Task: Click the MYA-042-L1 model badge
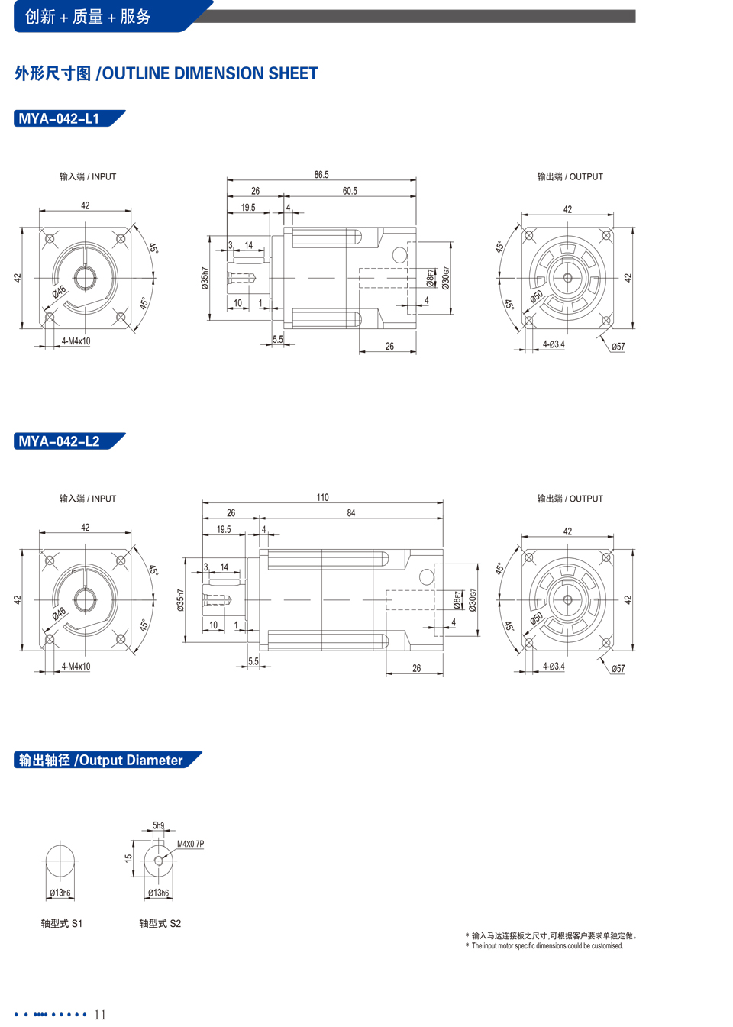click(x=69, y=118)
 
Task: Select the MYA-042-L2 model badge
click(x=69, y=441)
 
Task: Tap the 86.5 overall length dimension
click(x=321, y=175)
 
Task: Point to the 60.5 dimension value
click(x=350, y=191)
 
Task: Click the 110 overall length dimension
click(x=323, y=497)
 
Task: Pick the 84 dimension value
click(x=351, y=513)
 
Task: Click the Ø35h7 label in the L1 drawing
click(x=205, y=278)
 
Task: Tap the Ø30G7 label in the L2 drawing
click(x=473, y=600)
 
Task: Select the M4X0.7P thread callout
click(x=191, y=844)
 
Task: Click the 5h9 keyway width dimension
click(x=159, y=825)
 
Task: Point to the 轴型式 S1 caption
click(x=61, y=923)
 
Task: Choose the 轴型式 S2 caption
click(x=160, y=923)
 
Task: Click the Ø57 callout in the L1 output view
click(x=618, y=347)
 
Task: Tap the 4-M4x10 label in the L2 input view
click(x=76, y=666)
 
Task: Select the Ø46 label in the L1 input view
click(x=59, y=292)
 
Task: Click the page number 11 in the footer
click(x=100, y=1015)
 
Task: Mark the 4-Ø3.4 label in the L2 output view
click(x=554, y=666)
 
